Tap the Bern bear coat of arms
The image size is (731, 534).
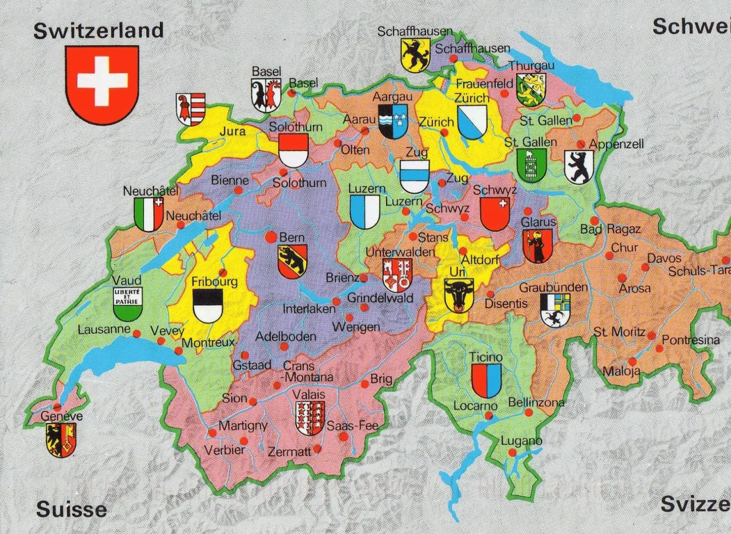[x=292, y=261]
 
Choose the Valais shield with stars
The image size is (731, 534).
[x=310, y=418]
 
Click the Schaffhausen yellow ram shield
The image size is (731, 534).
[x=415, y=55]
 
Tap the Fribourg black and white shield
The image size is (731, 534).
[x=207, y=306]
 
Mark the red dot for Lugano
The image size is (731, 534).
[x=512, y=452]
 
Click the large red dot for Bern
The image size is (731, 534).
[x=271, y=237]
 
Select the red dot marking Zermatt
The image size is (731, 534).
[x=317, y=449]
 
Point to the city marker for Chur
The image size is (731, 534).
[x=609, y=256]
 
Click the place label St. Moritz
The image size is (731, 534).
[x=619, y=332]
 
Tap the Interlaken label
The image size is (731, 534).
[x=309, y=309]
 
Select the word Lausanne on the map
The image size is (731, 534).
[x=105, y=330]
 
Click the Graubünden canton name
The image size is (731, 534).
[x=553, y=287]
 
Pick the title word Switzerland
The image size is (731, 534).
[x=98, y=31]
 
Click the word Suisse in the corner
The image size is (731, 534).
[x=71, y=509]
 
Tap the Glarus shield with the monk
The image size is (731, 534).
[x=537, y=246]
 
